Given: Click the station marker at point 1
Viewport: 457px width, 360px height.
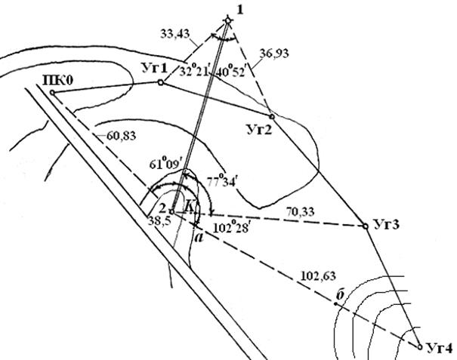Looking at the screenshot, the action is [228, 20].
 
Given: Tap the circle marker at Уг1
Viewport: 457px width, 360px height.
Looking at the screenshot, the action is [161, 82].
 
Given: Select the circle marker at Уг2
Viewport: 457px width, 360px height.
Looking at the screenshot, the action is [272, 116].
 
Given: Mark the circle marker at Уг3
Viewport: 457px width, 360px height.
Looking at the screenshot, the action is [366, 226].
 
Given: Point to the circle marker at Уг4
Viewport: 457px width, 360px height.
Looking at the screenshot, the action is [420, 347].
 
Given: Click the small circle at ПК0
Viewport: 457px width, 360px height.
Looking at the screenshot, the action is [52, 93].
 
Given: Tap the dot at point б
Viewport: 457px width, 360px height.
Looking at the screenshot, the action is [335, 304].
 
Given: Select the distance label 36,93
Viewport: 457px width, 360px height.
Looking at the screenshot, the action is [274, 54].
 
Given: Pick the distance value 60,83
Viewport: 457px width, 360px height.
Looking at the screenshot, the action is [122, 136].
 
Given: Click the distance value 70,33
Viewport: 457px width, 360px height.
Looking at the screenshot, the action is [300, 212].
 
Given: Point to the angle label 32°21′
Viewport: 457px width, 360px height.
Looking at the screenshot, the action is [195, 71].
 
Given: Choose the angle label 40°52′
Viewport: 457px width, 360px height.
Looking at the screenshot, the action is [230, 72].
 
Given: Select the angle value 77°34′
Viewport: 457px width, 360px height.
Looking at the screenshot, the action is [222, 180].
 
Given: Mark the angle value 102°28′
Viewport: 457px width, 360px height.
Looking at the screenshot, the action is [231, 228].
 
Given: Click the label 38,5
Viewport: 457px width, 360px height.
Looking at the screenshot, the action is [159, 221].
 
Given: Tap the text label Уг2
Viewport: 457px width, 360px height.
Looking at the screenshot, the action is [259, 129].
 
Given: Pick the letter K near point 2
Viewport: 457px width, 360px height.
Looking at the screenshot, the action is [190, 207].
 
